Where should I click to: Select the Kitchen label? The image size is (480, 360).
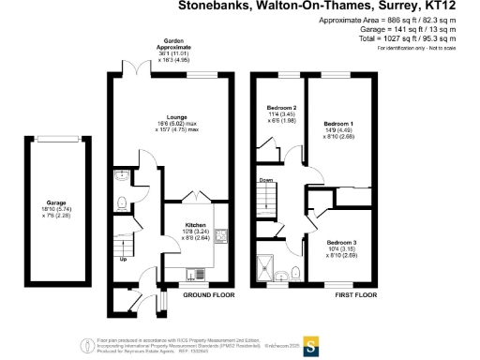click(182, 226)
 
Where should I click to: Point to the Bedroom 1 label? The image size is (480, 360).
click(337, 124)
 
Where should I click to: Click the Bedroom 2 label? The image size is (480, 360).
click(282, 108)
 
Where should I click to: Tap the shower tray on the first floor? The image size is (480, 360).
click(273, 273)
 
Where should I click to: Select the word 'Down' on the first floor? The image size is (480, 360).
click(266, 181)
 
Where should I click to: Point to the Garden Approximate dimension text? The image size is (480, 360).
click(176, 56)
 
